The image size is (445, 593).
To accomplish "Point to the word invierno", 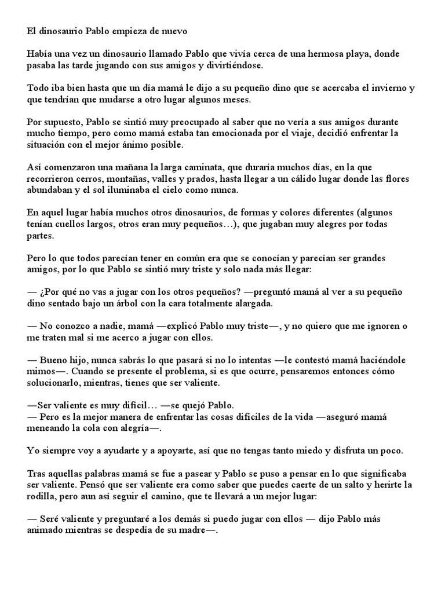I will point(388,89).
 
